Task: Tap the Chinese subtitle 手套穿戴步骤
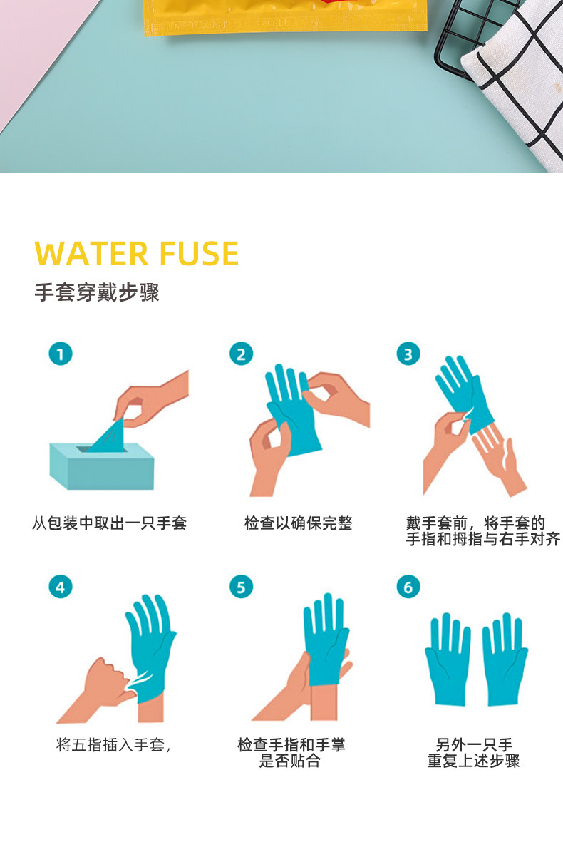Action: [97, 292]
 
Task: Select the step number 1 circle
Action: [61, 354]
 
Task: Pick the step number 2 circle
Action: [241, 354]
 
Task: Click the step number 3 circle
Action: [408, 354]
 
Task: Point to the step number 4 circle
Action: [61, 586]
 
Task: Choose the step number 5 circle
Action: [241, 586]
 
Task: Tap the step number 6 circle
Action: [408, 586]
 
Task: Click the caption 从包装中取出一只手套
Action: [109, 523]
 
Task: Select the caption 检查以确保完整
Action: [298, 523]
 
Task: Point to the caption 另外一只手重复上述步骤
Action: [473, 753]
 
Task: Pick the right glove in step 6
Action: [505, 659]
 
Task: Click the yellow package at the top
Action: [286, 16]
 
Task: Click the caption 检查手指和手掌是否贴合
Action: [291, 753]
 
